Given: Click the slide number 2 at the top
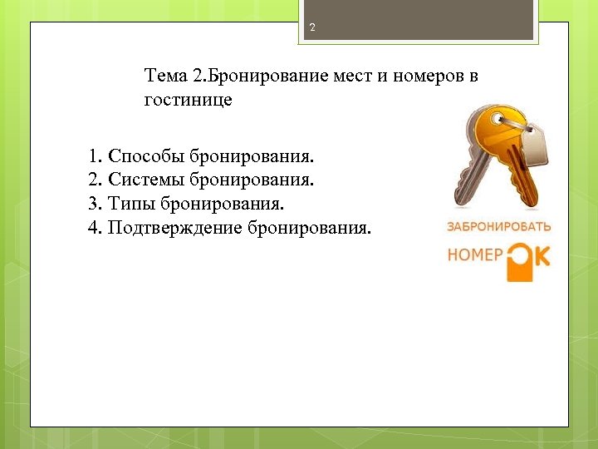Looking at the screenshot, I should pyautogui.click(x=312, y=28).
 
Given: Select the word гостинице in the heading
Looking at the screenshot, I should pyautogui.click(x=188, y=101).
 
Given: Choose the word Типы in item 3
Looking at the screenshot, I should pyautogui.click(x=131, y=203).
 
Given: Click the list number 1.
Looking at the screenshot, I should pyautogui.click(x=93, y=155).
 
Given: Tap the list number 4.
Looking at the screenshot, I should pyautogui.click(x=93, y=227).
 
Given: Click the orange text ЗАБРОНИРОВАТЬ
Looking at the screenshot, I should pyautogui.click(x=498, y=226).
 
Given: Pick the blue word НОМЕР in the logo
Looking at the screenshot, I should pyautogui.click(x=475, y=255).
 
